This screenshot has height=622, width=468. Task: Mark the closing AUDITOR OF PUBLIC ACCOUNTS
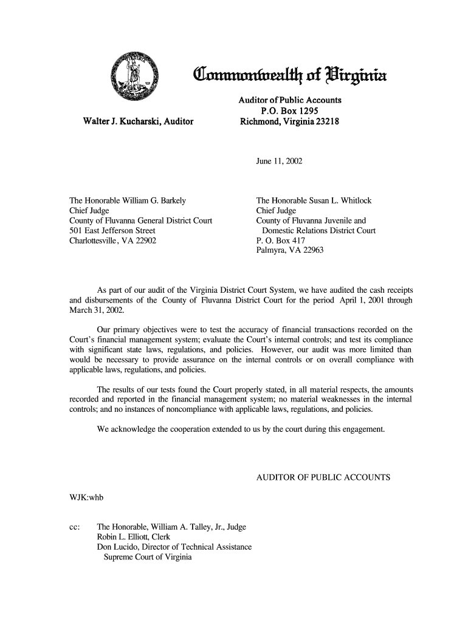tap(323, 477)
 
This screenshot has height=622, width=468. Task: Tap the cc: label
tap(76, 527)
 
